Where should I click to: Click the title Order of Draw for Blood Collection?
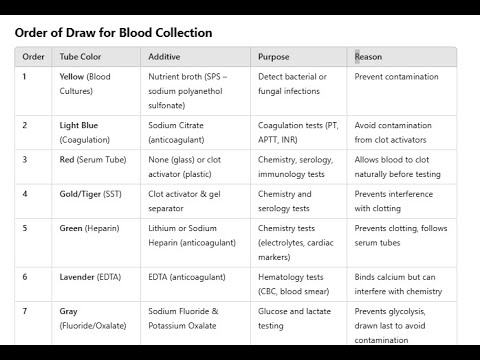(113, 33)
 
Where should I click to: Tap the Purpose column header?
(274, 57)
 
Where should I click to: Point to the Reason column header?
(368, 57)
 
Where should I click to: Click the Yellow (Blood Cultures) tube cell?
(86, 83)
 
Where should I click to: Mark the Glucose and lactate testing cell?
(291, 318)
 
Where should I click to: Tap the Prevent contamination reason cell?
(396, 77)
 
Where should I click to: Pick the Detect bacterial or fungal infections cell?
(291, 83)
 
